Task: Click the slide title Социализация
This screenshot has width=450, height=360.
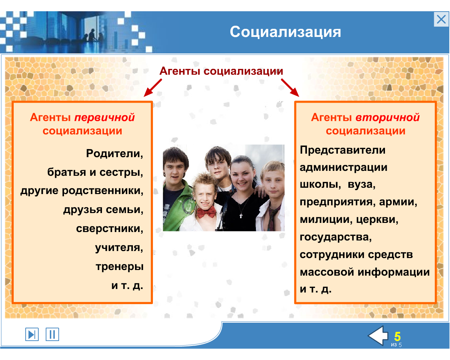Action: [x=285, y=32]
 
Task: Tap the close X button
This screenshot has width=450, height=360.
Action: [x=441, y=19]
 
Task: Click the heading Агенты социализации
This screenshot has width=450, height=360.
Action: [x=221, y=71]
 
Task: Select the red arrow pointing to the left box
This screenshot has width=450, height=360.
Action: [x=153, y=88]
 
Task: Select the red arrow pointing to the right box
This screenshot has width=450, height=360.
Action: [x=290, y=88]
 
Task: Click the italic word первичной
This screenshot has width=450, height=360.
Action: [x=104, y=117]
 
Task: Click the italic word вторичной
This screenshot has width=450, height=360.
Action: [x=387, y=117]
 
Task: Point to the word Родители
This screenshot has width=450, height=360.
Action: [x=115, y=154]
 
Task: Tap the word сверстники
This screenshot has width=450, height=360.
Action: [x=110, y=229]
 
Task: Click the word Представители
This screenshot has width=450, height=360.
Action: [x=342, y=150]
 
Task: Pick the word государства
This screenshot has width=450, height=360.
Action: [x=336, y=237]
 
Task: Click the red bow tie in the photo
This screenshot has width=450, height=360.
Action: [x=206, y=212]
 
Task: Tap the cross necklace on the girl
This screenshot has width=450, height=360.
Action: [x=241, y=216]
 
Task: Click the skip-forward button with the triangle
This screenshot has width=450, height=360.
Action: [x=32, y=334]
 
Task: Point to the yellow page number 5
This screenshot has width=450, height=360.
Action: [x=397, y=336]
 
